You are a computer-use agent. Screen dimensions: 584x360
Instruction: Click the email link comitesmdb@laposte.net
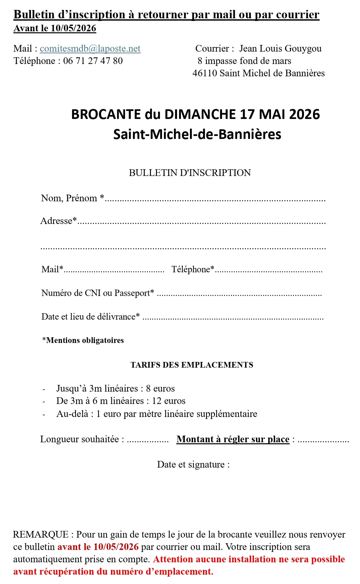click(x=90, y=49)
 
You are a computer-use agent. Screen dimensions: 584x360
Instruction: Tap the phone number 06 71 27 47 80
click(x=93, y=61)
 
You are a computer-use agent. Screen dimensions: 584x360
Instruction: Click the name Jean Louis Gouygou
click(x=280, y=49)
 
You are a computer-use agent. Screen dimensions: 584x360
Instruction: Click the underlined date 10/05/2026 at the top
click(x=73, y=28)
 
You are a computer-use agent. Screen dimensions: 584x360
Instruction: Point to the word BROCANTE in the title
click(x=106, y=114)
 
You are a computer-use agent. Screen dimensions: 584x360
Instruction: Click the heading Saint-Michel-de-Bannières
click(x=197, y=134)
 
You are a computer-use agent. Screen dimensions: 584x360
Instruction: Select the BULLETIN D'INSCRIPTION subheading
click(x=190, y=173)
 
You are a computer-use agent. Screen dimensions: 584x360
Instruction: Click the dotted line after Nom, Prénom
click(x=215, y=200)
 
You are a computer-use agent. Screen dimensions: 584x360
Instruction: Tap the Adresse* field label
click(x=59, y=221)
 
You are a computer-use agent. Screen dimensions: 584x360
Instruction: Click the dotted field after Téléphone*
click(x=269, y=271)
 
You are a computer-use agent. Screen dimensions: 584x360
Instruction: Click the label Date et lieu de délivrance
click(x=90, y=317)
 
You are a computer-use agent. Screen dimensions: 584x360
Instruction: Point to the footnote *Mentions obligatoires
click(x=83, y=340)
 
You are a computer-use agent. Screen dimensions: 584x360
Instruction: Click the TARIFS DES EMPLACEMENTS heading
click(x=192, y=365)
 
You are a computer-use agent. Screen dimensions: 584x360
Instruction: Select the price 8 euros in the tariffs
click(x=160, y=389)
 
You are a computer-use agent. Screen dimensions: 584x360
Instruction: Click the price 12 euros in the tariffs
click(x=169, y=401)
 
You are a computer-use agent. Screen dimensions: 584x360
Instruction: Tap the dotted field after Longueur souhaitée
click(x=148, y=441)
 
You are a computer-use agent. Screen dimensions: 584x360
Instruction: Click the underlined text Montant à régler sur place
click(x=233, y=439)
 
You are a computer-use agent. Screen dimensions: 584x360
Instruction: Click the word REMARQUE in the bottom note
click(x=41, y=535)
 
